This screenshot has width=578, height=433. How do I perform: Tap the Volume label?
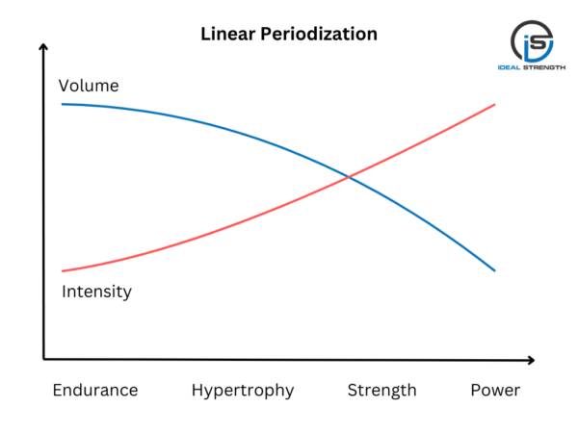(89, 86)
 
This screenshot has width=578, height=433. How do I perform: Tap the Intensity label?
(96, 291)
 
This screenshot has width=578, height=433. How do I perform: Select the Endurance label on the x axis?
(95, 390)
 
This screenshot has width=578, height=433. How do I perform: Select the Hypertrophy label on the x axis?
(243, 390)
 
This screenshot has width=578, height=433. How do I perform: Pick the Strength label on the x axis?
(381, 390)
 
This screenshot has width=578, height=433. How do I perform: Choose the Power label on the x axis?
(495, 390)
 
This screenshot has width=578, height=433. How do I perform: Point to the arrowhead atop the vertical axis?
(43, 47)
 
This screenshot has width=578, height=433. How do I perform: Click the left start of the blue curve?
(63, 103)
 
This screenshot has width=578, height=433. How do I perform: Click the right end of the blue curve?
(495, 270)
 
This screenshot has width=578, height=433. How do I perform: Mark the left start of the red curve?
(63, 271)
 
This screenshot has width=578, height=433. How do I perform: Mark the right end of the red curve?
(495, 104)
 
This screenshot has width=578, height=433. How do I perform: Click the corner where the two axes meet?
(44, 359)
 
